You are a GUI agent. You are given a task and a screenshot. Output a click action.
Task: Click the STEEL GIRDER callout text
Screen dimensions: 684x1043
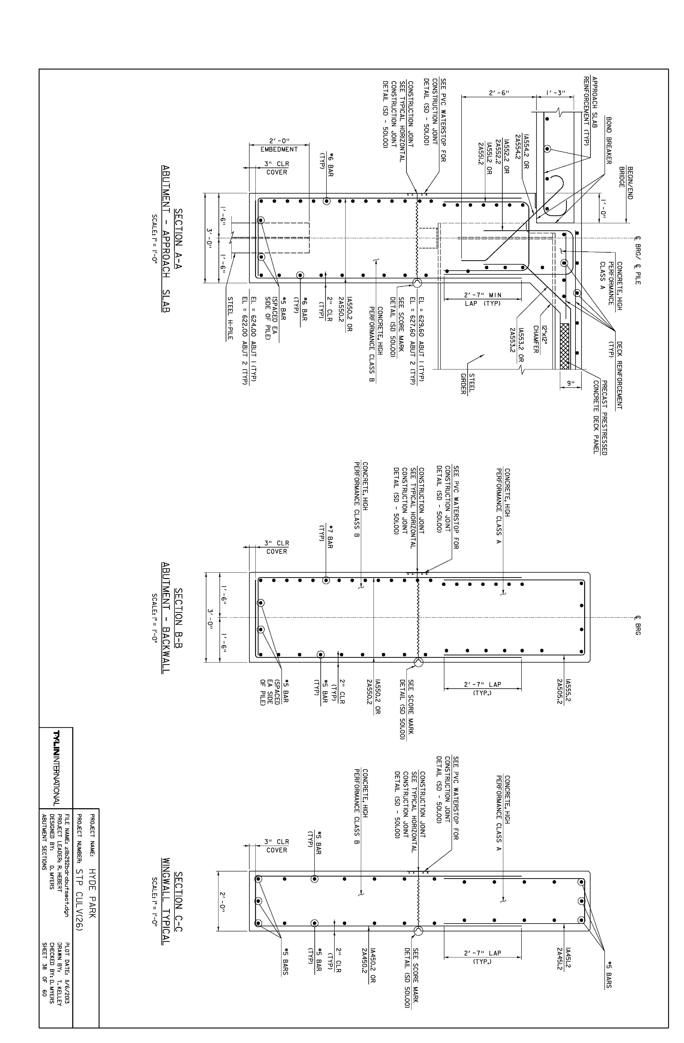click(x=467, y=383)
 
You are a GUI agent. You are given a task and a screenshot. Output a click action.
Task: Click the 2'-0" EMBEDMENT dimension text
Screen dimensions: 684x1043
click(x=279, y=145)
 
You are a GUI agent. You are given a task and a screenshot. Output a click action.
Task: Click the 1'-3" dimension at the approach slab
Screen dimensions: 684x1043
click(x=556, y=93)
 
